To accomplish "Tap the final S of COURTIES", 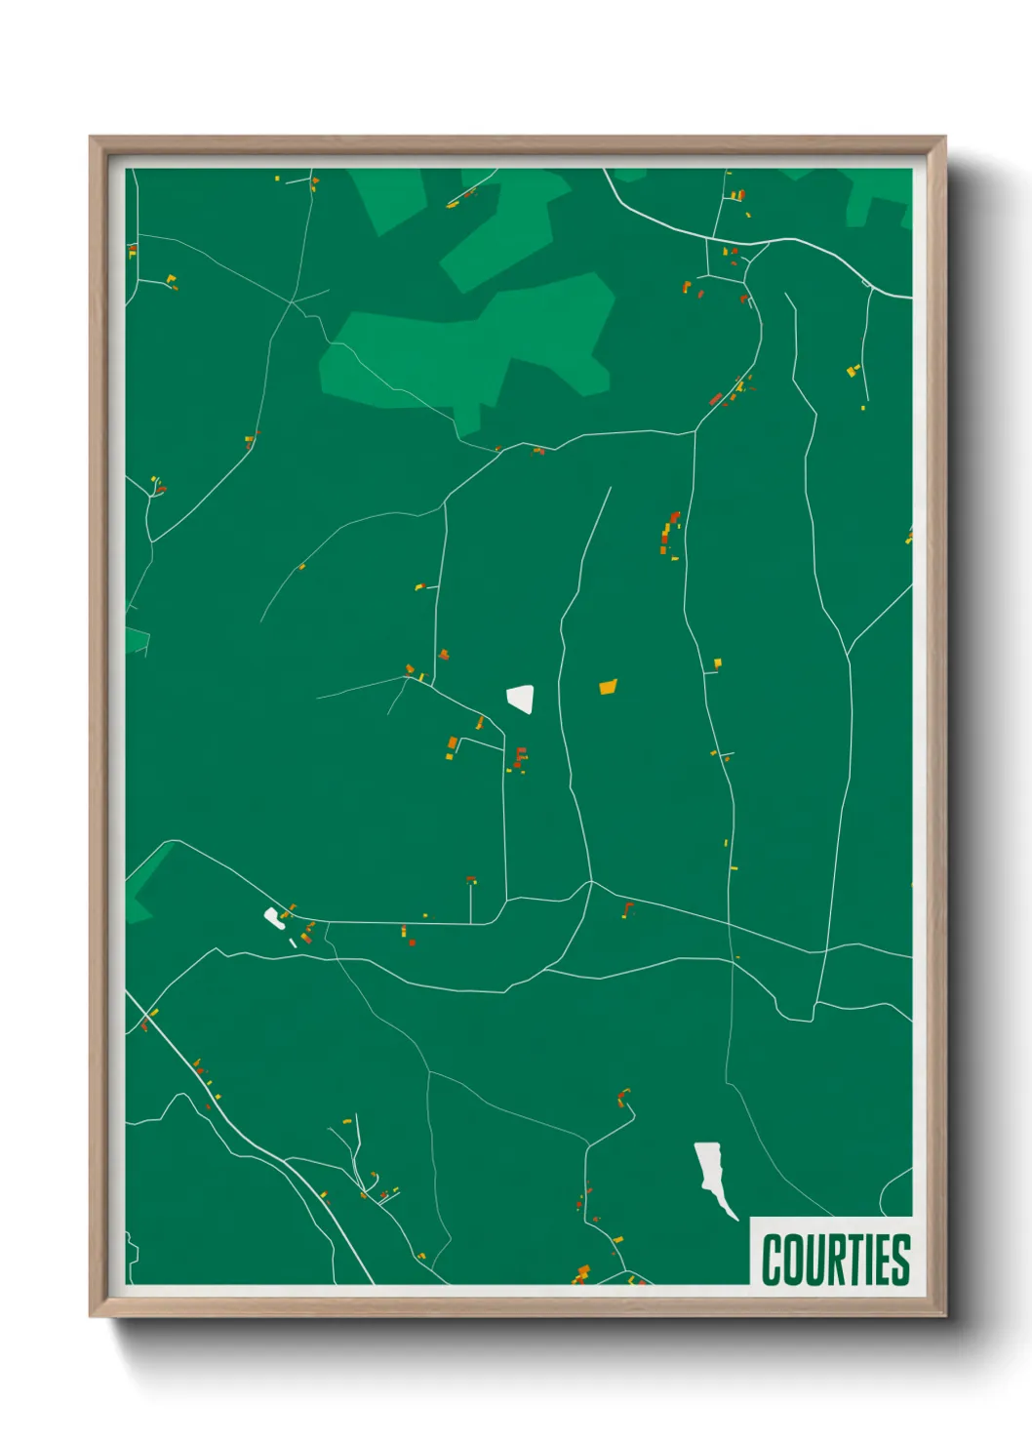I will (x=900, y=1260).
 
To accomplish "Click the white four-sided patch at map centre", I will (x=521, y=698).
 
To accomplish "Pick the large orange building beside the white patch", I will (x=608, y=687).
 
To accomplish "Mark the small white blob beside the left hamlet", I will (x=274, y=917).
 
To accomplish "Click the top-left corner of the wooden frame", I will (x=91, y=139).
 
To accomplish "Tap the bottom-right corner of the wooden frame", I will (x=944, y=1316).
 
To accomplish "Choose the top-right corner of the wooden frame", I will (x=944, y=139).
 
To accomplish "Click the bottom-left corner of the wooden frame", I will (x=91, y=1316).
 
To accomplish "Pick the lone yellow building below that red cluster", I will (x=717, y=663).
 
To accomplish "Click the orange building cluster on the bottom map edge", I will (x=582, y=1272).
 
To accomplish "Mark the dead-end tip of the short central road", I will (x=611, y=488).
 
